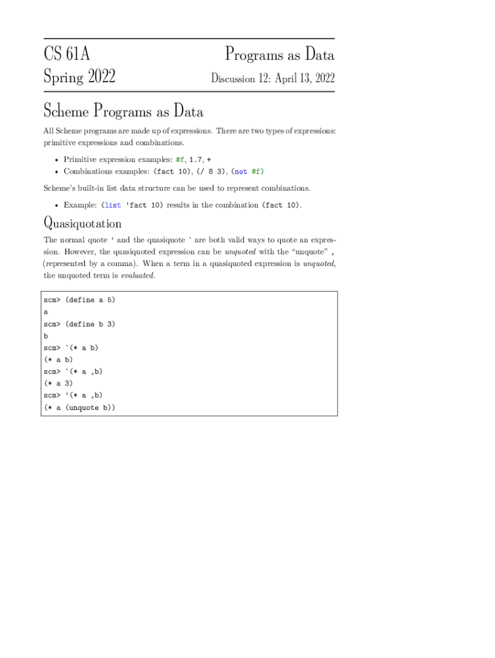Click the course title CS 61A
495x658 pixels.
66,55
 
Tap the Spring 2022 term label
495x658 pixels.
79,78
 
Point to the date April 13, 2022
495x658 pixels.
305,78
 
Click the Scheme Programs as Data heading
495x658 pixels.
123,112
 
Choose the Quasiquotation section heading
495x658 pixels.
82,224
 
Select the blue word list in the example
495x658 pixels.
112,206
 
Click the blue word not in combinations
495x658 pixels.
241,172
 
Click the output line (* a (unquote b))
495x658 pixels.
79,408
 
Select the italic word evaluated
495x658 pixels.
138,276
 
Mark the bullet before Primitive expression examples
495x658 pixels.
57,160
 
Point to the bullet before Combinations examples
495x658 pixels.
57,172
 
